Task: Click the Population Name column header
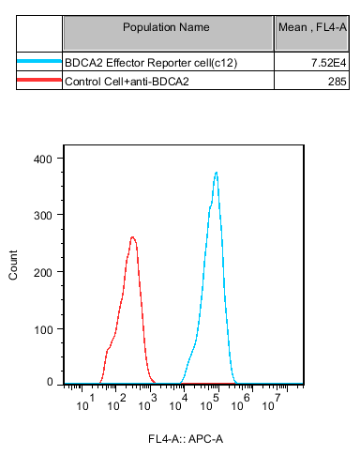[166, 27]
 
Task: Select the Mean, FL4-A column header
[312, 27]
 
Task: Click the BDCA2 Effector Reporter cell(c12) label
[151, 63]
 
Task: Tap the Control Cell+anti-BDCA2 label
[127, 82]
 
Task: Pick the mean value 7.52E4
[328, 63]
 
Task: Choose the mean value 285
[337, 82]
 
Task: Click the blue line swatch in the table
[39, 61]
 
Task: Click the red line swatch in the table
[39, 80]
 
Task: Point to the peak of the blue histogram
[217, 173]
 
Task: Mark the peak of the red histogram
[132, 237]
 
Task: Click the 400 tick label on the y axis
[43, 159]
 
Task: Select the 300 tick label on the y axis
[43, 216]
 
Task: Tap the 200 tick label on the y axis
[43, 273]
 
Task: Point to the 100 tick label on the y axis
[43, 329]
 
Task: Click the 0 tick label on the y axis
[50, 382]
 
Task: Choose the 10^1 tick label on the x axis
[85, 402]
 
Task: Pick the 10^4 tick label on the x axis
[178, 402]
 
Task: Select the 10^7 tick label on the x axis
[271, 402]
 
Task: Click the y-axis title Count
[13, 265]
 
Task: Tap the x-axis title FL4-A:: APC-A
[186, 439]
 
